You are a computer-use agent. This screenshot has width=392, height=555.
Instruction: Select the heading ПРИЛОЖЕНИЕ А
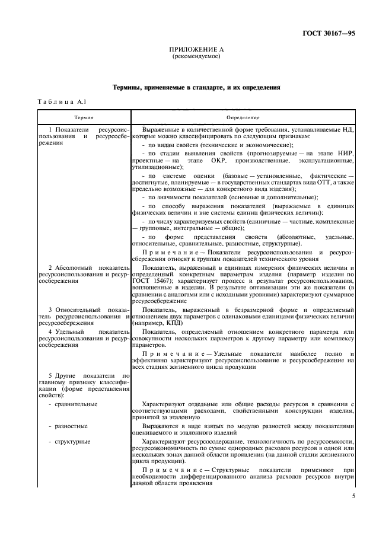coord(196,50)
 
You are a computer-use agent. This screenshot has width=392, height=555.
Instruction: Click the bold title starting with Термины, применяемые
coord(196,87)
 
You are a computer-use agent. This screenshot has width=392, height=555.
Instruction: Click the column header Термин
coord(84,118)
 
